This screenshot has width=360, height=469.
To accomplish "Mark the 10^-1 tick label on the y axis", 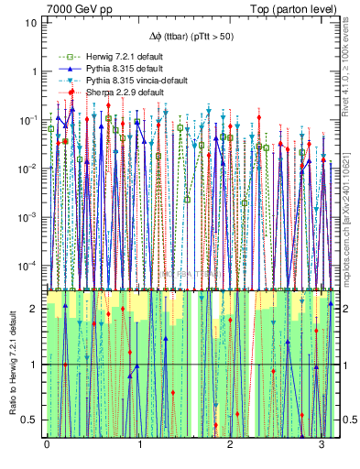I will pyautogui.click(x=29, y=119).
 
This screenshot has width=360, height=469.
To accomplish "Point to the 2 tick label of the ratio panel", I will pyautogui.click(x=36, y=309).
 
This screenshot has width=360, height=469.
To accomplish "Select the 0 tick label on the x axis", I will pyautogui.click(x=47, y=444).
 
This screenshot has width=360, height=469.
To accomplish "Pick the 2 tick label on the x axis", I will pyautogui.click(x=229, y=444).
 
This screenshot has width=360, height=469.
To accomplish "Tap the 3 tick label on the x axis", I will pyautogui.click(x=321, y=444).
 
